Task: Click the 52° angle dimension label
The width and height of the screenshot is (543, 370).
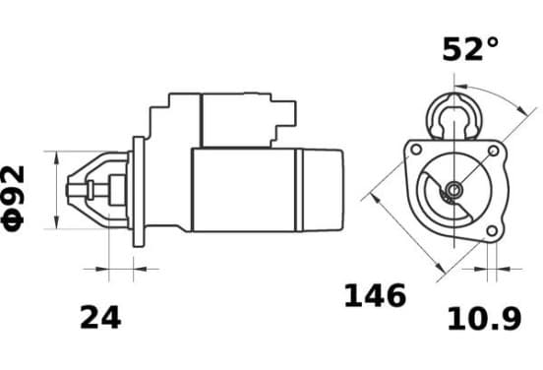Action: (x=470, y=49)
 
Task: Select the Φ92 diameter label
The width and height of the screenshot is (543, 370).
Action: (x=13, y=198)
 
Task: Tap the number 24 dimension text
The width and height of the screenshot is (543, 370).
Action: (x=100, y=318)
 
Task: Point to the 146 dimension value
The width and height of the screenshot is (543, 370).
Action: (x=375, y=295)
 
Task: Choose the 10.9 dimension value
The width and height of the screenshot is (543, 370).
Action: (x=485, y=319)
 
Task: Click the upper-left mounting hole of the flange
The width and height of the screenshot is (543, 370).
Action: (x=415, y=150)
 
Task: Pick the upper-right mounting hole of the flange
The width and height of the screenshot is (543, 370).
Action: (x=493, y=151)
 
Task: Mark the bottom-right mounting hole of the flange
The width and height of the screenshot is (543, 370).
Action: (x=492, y=230)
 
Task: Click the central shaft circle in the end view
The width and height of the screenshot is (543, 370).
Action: (x=453, y=190)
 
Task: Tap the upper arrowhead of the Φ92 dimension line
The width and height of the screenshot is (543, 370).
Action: (x=57, y=157)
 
